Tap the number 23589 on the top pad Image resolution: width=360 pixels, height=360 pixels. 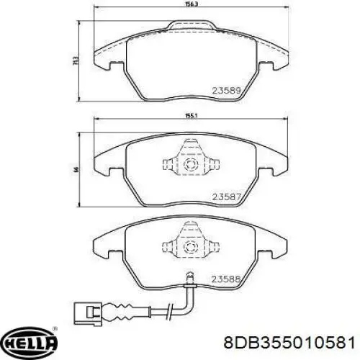pyautogui.click(x=225, y=90)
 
